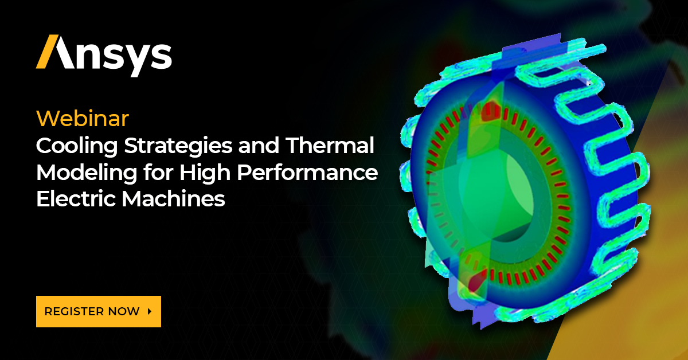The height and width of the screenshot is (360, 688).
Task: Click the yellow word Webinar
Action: click(82, 119)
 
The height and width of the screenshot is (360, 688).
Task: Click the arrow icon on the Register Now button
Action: click(150, 311)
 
